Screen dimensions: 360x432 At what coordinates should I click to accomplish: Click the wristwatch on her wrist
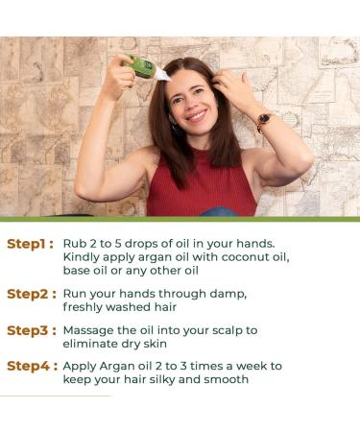click(264, 120)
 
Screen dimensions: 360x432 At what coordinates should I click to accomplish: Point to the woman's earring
click(175, 127)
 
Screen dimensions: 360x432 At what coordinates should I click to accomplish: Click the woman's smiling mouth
click(196, 115)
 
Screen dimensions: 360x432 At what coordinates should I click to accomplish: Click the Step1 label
click(30, 244)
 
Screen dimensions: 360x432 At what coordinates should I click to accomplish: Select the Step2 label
click(32, 294)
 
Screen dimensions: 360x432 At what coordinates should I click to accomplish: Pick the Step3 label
click(32, 330)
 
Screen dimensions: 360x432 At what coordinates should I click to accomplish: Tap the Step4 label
click(32, 366)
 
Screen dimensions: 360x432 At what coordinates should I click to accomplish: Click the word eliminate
click(90, 344)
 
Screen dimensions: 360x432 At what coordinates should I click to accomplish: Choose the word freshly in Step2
click(83, 307)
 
